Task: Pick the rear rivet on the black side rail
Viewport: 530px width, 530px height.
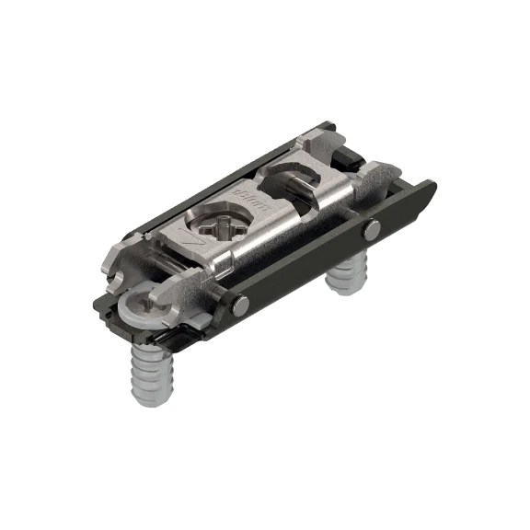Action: (x=370, y=232)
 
